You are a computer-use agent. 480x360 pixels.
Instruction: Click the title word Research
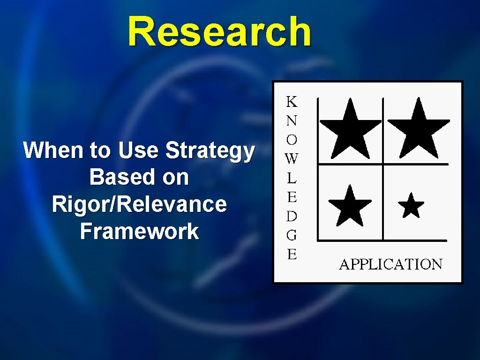pyautogui.click(x=219, y=32)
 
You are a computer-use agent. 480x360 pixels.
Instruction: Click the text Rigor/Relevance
pyautogui.click(x=139, y=204)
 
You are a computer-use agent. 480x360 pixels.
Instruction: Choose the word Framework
pyautogui.click(x=139, y=231)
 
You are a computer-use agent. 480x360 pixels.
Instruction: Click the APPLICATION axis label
pyautogui.click(x=390, y=264)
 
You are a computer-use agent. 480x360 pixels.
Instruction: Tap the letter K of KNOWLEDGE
pyautogui.click(x=292, y=101)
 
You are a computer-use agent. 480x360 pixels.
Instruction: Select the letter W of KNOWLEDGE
pyautogui.click(x=291, y=159)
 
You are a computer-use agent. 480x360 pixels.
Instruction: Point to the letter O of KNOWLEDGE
pyautogui.click(x=292, y=140)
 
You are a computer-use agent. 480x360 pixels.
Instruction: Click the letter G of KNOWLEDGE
pyautogui.click(x=292, y=235)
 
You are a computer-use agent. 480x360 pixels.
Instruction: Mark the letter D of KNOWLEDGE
pyautogui.click(x=292, y=216)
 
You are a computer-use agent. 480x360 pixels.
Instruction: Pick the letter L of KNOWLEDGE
pyautogui.click(x=292, y=178)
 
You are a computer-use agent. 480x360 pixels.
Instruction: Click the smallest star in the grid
pyautogui.click(x=411, y=206)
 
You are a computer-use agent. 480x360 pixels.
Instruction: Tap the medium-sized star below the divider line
pyautogui.click(x=350, y=206)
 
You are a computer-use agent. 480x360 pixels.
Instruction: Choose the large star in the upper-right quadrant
pyautogui.click(x=419, y=130)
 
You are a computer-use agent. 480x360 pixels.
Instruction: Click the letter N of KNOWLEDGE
pyautogui.click(x=292, y=120)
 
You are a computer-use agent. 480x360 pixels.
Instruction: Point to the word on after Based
pyautogui.click(x=175, y=178)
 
